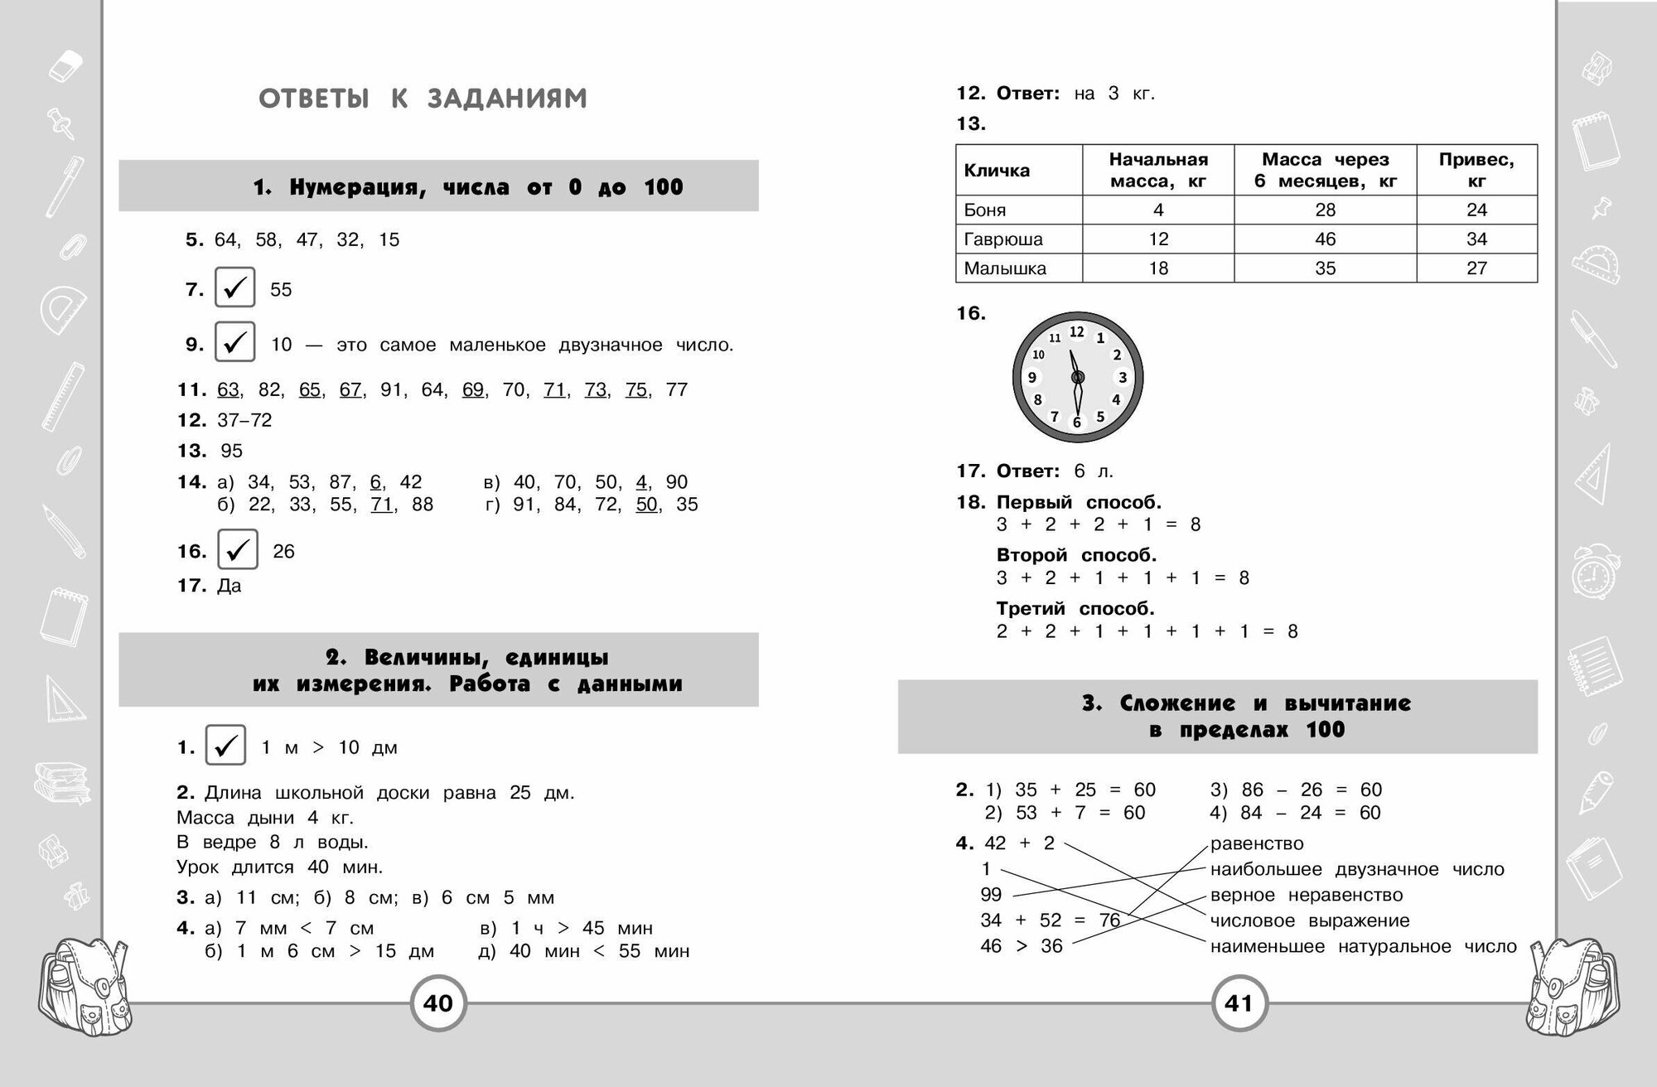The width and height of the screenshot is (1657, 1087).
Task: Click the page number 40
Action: [438, 1003]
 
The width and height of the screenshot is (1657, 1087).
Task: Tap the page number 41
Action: [1239, 1003]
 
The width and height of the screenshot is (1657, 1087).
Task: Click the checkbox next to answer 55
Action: [235, 288]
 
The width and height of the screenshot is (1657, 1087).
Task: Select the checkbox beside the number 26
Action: [238, 549]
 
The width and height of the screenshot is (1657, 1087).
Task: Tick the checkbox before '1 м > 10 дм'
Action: [225, 746]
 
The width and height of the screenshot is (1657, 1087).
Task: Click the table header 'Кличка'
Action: [997, 171]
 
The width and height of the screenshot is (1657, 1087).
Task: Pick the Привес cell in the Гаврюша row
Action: [1476, 239]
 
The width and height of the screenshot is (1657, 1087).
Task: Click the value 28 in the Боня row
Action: [1325, 210]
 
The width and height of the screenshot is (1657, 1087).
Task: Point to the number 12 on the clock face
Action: [1076, 332]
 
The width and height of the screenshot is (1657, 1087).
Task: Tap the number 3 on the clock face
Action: [1123, 378]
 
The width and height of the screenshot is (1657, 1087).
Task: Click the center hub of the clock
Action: [1078, 378]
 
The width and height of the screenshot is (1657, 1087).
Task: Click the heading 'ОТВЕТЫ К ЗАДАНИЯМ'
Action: [423, 99]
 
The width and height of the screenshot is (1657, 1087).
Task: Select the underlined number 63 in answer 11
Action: [228, 389]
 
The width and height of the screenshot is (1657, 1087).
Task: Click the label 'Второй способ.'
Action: [1076, 555]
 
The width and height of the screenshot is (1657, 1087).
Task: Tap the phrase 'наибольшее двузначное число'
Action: [1356, 869]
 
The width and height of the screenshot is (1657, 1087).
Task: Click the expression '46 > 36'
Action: [1022, 946]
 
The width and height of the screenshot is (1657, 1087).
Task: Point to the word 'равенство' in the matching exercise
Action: [1257, 843]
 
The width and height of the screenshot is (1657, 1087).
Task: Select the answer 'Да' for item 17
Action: [229, 586]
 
